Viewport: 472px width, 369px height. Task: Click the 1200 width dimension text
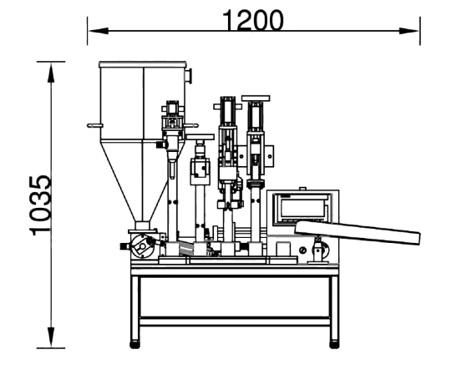(x=253, y=20)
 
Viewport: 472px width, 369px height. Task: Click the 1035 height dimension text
(x=40, y=205)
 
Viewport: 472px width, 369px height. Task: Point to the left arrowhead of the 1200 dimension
(x=99, y=31)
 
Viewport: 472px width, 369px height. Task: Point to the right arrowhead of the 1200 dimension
(x=409, y=31)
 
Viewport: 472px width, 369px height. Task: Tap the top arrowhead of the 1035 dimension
(x=51, y=72)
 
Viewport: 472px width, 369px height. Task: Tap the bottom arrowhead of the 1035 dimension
(x=51, y=337)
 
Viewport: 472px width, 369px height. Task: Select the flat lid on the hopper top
(x=143, y=64)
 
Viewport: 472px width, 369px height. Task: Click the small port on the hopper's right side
(x=189, y=76)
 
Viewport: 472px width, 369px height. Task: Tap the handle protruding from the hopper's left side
(x=95, y=125)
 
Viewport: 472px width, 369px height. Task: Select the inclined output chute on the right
(x=358, y=232)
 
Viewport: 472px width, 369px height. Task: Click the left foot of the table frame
(x=134, y=345)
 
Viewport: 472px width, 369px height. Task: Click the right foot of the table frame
(x=334, y=345)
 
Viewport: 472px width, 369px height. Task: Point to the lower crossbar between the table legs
(x=235, y=321)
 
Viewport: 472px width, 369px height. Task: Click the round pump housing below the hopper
(x=142, y=246)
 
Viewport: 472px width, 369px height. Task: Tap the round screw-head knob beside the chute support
(x=303, y=250)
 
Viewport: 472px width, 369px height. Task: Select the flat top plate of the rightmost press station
(x=256, y=98)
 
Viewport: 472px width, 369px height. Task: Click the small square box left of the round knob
(x=283, y=250)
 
